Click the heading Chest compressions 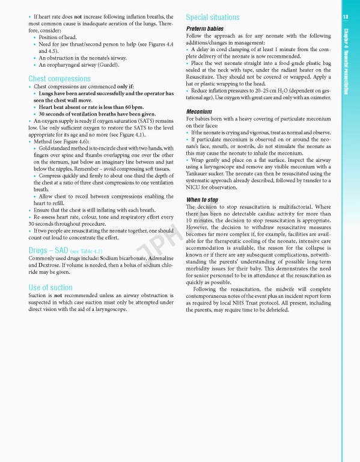[x=59, y=78]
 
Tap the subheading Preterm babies [x=206, y=29]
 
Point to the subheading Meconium [x=201, y=111]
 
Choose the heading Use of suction [x=50, y=288]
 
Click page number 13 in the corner [x=346, y=17]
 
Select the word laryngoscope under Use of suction [x=109, y=310]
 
